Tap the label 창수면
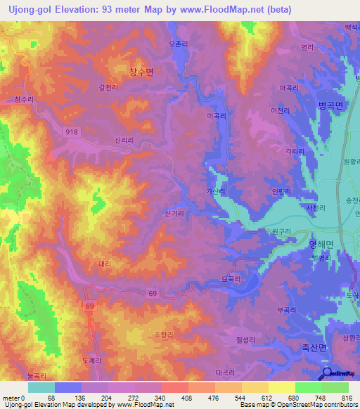coord(141,72)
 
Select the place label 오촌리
coord(179,44)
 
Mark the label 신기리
coord(172,212)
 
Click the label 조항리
coord(163,335)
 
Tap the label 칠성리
coord(245,341)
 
